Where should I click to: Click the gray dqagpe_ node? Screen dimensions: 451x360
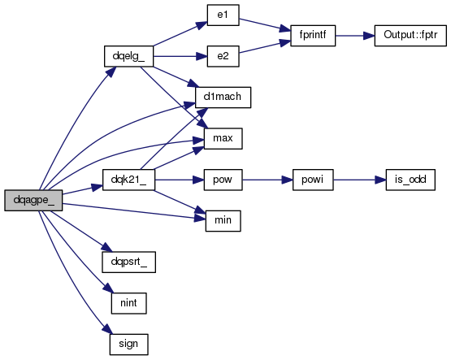tap(33, 200)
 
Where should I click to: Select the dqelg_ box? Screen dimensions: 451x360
tap(128, 56)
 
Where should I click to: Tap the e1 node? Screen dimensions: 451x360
tap(223, 15)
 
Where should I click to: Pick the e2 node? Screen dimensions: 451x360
tap(223, 56)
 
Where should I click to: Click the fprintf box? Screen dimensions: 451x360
tap(313, 36)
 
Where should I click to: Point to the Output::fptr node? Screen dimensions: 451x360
tap(410, 36)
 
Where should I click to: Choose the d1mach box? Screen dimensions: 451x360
tap(223, 98)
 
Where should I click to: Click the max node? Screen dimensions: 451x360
tap(223, 139)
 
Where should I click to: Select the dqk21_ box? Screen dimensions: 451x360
tap(128, 180)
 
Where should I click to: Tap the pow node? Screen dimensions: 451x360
tap(223, 180)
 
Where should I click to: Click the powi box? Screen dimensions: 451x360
tap(313, 180)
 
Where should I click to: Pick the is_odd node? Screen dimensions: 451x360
tap(410, 180)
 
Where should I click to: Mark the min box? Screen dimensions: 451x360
tap(223, 221)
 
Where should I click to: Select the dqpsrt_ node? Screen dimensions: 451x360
tap(128, 262)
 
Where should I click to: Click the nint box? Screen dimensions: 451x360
tap(128, 303)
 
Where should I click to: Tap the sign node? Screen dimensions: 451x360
tap(128, 345)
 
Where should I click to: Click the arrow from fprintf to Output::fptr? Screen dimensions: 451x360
tap(355, 36)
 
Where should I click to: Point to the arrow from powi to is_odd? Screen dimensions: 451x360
tap(359, 180)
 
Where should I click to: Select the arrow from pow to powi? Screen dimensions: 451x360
tap(267, 180)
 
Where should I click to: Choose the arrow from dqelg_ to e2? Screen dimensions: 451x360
tap(180, 56)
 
